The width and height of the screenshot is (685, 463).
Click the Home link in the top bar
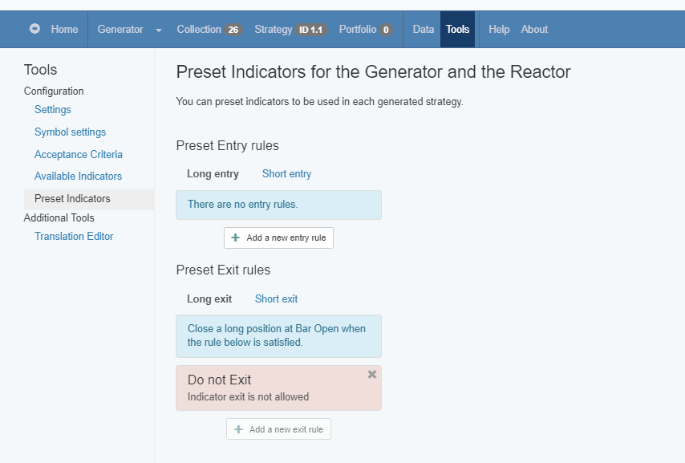[64, 30]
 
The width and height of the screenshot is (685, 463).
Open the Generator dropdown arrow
[159, 30]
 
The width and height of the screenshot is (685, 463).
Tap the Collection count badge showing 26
[233, 30]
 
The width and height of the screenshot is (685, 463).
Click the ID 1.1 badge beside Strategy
[310, 30]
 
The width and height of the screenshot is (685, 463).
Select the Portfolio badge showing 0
[386, 30]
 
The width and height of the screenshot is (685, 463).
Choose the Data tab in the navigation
[424, 30]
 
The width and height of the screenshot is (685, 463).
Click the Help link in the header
[499, 30]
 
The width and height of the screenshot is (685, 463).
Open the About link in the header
[534, 30]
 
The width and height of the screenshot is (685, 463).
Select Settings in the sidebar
[52, 110]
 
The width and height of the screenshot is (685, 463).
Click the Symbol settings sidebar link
[70, 132]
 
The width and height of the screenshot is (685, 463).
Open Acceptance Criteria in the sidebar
[78, 154]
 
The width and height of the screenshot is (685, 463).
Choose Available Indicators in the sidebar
[78, 177]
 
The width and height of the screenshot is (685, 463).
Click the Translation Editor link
[74, 237]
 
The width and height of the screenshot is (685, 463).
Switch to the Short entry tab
[286, 174]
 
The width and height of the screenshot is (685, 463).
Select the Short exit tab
[276, 299]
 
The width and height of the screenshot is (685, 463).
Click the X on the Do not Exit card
[371, 374]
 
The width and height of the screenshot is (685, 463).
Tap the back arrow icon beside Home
[34, 29]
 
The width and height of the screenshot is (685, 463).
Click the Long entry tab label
[213, 174]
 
